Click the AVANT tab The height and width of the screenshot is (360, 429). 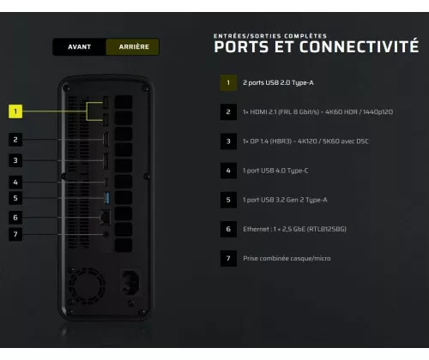79,47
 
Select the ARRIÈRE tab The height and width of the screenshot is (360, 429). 133,47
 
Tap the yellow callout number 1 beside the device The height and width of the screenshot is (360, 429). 15,111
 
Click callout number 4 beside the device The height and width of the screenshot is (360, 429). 15,182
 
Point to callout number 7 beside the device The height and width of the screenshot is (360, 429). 15,234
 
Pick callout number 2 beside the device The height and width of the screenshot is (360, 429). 15,140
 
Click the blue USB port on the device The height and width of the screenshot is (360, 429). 106,198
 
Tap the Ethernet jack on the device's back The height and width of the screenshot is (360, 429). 105,218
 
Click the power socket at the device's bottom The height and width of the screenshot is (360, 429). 131,282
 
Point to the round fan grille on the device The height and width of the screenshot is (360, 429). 86,285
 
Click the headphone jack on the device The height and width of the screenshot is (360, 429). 106,234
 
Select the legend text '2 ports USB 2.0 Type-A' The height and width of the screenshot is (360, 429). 278,83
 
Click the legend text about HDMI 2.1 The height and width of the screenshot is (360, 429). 317,112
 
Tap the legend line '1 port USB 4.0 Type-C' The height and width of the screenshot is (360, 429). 275,171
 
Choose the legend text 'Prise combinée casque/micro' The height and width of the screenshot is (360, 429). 287,259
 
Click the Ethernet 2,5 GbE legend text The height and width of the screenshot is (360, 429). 294,229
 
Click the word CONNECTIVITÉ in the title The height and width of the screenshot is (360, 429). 359,46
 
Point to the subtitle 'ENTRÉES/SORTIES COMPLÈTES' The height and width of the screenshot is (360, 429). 270,36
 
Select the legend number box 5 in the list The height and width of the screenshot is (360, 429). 228,200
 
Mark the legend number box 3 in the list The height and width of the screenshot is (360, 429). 228,141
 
